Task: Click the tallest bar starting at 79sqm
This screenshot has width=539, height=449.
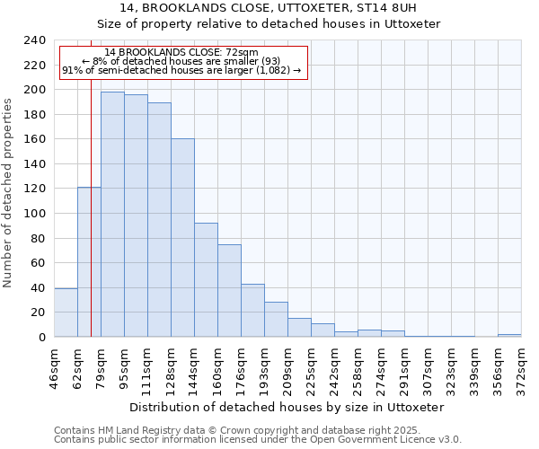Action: coord(112,215)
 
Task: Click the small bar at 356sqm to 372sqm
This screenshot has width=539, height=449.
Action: coord(509,335)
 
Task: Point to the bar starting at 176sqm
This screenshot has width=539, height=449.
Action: coord(252,311)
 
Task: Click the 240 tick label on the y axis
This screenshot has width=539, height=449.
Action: coord(34,40)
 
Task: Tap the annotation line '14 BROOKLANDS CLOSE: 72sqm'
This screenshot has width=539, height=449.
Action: coord(182,53)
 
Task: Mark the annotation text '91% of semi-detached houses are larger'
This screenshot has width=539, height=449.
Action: coord(182,71)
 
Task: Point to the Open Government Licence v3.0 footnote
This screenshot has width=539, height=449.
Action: coord(258,440)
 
